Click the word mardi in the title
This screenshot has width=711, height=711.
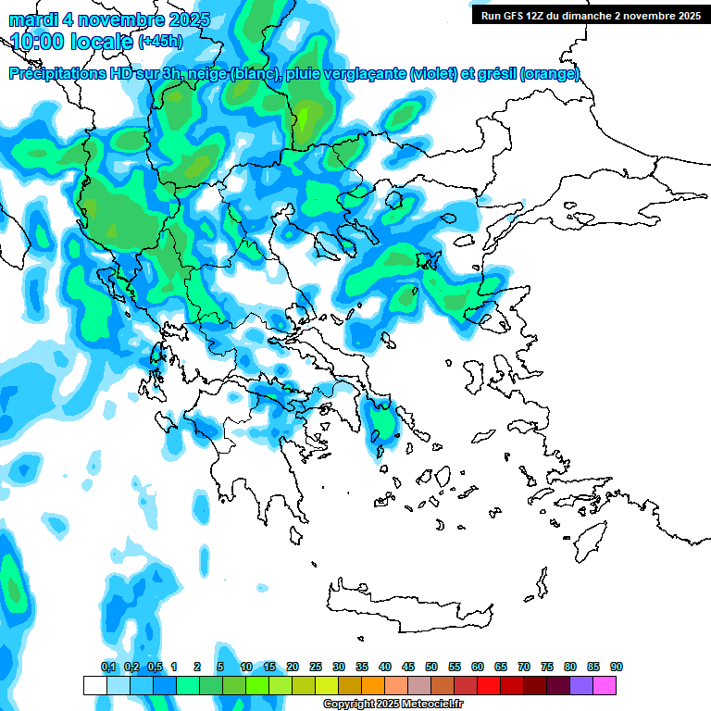(31, 19)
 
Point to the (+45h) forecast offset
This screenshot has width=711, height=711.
(160, 42)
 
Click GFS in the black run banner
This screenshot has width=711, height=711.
(518, 16)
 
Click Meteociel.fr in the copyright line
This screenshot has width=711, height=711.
(427, 705)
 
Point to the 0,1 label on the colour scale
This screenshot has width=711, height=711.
(108, 667)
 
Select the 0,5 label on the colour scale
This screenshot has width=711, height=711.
(155, 667)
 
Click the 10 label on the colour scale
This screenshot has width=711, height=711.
(246, 667)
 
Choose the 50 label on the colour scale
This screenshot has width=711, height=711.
(431, 667)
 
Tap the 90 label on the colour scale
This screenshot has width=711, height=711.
(617, 667)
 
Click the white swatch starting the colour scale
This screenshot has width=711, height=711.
(94, 685)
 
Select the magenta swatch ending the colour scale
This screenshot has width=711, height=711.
(605, 685)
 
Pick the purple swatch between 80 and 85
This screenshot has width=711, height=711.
(581, 685)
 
